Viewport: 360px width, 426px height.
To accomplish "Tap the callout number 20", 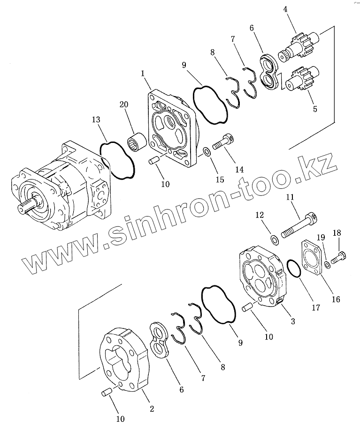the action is click(x=124, y=105).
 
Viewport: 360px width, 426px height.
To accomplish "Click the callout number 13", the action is click(x=96, y=121).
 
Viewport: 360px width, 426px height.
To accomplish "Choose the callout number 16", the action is click(x=336, y=299).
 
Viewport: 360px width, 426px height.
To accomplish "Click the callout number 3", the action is click(x=292, y=321).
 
